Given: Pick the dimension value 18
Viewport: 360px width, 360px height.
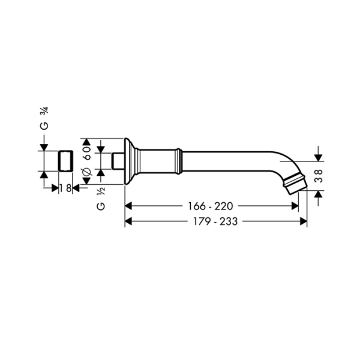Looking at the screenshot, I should [x=66, y=188].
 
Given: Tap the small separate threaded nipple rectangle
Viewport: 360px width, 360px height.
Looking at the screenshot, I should [x=65, y=161].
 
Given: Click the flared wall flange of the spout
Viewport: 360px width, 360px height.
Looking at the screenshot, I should [x=128, y=161].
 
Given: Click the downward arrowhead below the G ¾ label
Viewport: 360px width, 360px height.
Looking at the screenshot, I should [x=43, y=146].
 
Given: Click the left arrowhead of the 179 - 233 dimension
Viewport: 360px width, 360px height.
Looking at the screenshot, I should [x=128, y=221].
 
